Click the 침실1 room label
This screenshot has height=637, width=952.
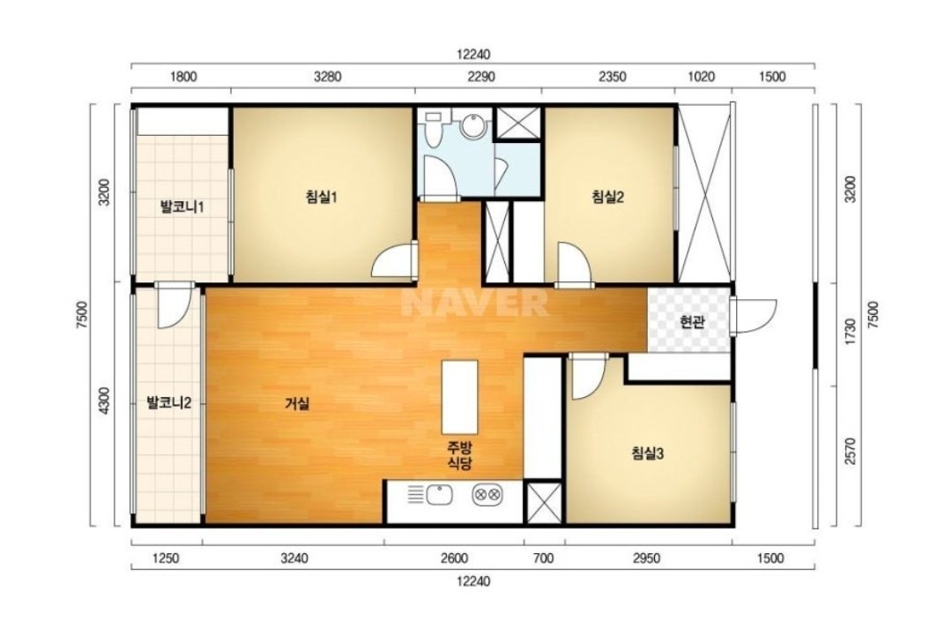(321, 197)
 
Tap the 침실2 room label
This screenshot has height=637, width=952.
(607, 197)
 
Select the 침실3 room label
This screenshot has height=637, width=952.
(648, 453)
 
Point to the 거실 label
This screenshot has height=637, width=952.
(298, 403)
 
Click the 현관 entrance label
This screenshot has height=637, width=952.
(692, 322)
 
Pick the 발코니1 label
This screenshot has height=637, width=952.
(182, 207)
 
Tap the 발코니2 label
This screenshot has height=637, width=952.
(169, 402)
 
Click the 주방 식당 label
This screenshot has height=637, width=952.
(459, 456)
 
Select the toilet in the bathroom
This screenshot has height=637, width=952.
(433, 129)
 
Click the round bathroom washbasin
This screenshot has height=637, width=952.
(473, 126)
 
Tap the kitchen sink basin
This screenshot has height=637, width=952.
(439, 495)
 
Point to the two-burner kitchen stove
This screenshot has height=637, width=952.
(487, 495)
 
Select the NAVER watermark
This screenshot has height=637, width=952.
(475, 302)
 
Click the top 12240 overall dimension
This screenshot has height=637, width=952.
(473, 55)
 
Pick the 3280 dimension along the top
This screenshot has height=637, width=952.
(327, 77)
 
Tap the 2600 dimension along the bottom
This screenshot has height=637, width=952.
(454, 558)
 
